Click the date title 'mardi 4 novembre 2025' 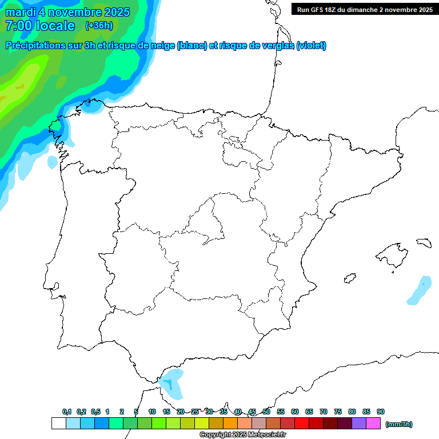point(67,12)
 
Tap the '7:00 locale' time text point(40,26)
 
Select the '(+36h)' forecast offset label point(99,25)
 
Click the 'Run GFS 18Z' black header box point(365,9)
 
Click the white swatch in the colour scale point(58,424)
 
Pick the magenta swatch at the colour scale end point(373,424)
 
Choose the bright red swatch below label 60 point(302,424)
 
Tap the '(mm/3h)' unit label point(399,424)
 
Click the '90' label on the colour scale point(381,412)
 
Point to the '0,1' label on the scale point(67,412)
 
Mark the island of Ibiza point(350,278)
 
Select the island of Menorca point(424,242)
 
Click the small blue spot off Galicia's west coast point(52,162)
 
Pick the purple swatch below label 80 point(359,424)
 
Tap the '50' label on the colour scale point(266,412)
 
